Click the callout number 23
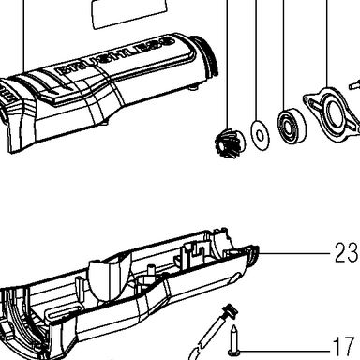coord(346,252)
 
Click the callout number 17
coord(344,346)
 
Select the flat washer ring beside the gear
coord(260,135)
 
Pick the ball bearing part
coord(292,126)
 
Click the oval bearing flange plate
coord(332,113)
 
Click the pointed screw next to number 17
coord(233,341)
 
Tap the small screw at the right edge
coord(354,83)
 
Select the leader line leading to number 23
coord(293,253)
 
